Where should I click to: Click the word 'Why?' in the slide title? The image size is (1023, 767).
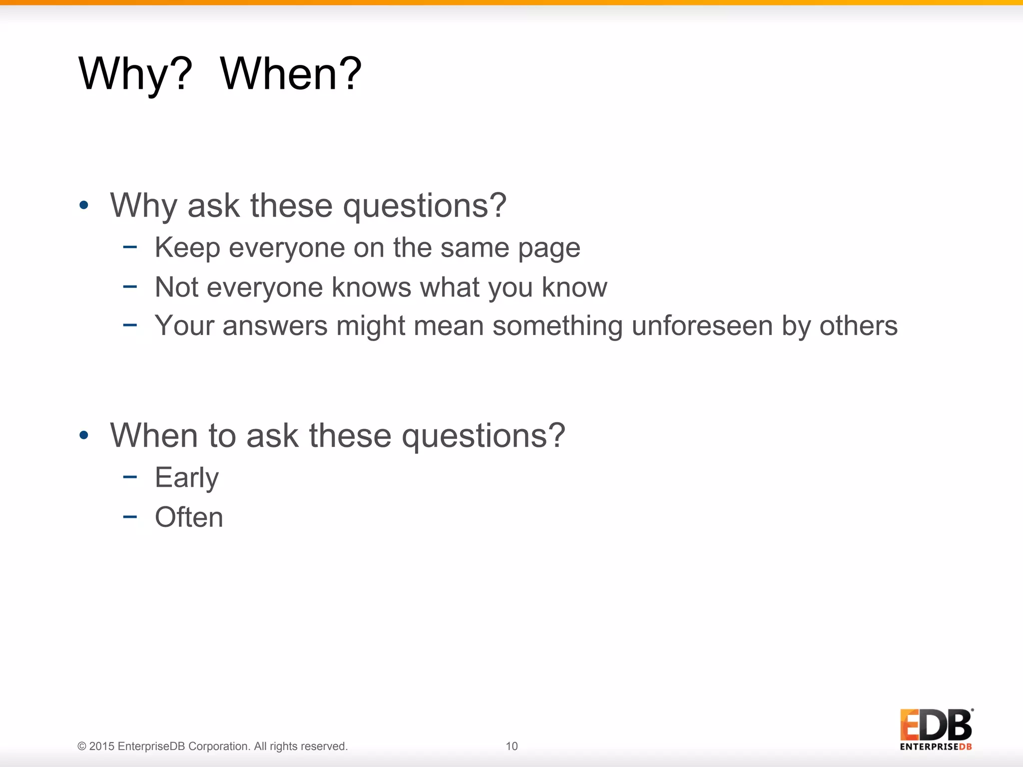135,74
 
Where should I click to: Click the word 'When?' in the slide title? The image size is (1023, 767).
291,74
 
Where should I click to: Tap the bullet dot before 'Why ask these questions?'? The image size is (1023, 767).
84,205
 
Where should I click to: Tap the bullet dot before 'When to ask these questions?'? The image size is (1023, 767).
84,435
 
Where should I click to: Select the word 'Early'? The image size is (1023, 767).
187,478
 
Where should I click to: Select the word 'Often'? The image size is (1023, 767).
189,517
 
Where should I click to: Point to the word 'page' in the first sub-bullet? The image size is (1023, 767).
549,248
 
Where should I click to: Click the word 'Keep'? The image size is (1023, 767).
187,248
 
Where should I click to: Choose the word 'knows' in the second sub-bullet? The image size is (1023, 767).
372,287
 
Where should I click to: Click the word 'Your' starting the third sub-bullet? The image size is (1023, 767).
184,326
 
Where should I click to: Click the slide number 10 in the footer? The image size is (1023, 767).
511,746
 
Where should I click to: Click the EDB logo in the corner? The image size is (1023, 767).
936,725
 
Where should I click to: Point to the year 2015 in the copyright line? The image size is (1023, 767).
102,746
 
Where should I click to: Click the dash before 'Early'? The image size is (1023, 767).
130,476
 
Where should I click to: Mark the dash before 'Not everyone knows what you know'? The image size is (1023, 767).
130,286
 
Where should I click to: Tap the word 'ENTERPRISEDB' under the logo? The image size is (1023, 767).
936,747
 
